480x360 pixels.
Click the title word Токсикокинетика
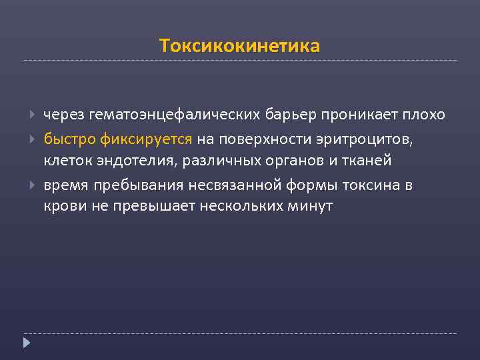pos(240,46)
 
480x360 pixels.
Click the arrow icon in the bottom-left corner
pos(27,343)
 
